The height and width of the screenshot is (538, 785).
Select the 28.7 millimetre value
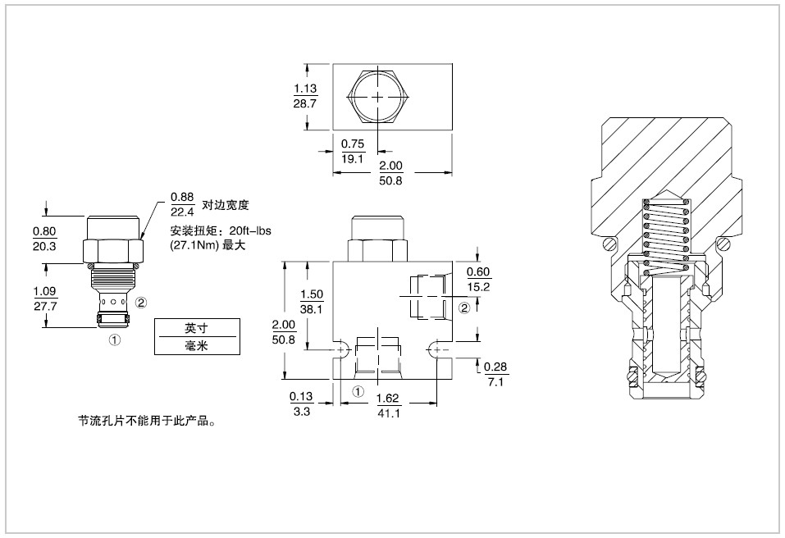305,103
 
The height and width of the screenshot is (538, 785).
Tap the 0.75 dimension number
353,145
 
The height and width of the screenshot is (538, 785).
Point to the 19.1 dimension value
353,159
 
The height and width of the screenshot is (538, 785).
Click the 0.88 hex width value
182,197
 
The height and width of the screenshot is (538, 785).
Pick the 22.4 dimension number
182,211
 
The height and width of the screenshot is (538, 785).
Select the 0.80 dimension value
44,231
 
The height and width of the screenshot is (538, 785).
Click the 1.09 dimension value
44,291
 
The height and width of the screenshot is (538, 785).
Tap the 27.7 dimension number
44,305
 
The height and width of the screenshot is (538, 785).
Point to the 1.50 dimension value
312,295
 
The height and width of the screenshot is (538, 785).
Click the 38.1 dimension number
312,310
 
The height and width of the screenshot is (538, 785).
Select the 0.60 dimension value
478,272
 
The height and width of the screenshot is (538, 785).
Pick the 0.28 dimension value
495,366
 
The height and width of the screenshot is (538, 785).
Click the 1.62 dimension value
388,399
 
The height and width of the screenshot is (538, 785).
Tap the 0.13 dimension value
301,399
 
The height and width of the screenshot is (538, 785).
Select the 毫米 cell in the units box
197,346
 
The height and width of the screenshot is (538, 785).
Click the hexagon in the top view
377,97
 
